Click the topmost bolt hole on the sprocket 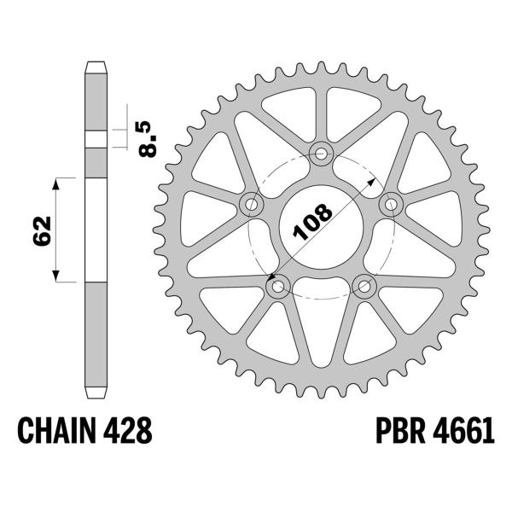(322, 154)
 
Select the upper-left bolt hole (251, 204)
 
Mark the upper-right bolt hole (392, 203)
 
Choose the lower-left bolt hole (277, 288)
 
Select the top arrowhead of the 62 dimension (57, 182)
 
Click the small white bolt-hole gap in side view (96, 139)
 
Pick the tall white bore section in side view (96, 229)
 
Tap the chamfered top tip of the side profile (96, 65)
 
